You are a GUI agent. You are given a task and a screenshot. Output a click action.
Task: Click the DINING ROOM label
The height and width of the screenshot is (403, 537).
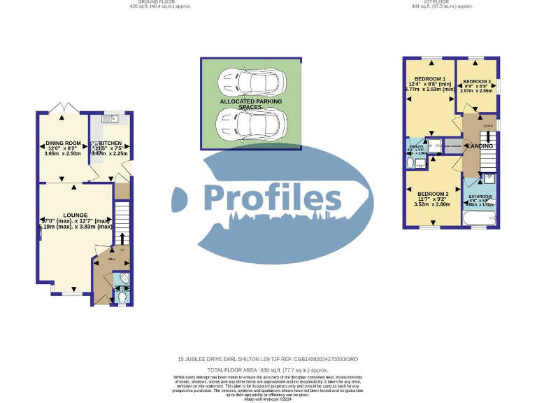click(x=64, y=143)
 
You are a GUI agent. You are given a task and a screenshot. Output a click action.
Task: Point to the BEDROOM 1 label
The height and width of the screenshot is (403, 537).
click(x=429, y=78)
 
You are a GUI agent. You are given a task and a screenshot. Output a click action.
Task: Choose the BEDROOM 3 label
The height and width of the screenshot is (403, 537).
click(x=478, y=81)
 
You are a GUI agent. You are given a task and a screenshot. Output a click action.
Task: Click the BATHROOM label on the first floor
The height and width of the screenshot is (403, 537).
click(x=480, y=197)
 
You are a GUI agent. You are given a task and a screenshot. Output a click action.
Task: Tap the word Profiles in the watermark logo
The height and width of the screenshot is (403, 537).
click(x=271, y=197)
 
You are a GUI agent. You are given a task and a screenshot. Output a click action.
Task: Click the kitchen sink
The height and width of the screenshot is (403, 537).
click(x=110, y=120)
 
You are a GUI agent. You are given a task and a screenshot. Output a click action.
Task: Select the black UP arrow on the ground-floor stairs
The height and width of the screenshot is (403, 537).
click(x=123, y=239)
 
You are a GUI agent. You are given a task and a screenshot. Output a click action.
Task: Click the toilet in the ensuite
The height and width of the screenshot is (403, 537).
click(x=410, y=162)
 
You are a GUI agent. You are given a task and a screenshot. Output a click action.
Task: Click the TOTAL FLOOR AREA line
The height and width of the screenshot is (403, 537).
click(x=268, y=369)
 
